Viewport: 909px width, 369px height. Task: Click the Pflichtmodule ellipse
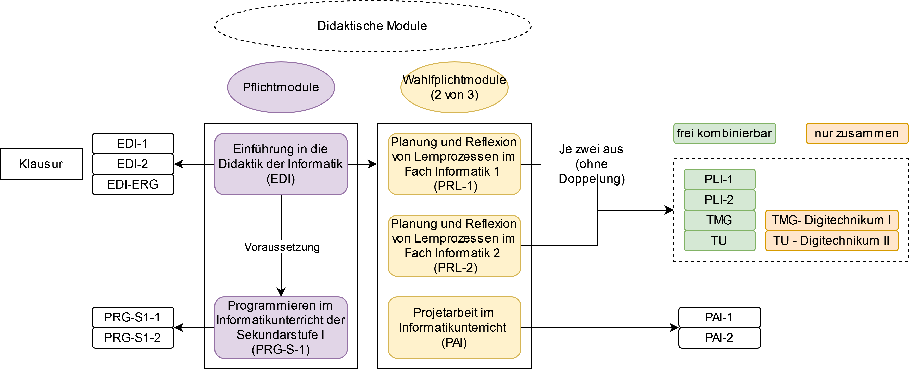[281, 87]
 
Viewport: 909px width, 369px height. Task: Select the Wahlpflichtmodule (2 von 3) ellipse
[454, 87]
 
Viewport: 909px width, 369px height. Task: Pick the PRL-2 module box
[454, 246]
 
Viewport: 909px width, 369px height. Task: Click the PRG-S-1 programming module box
[281, 327]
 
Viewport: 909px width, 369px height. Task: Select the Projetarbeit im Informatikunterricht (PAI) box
[454, 327]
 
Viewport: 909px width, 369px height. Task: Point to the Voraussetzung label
[282, 247]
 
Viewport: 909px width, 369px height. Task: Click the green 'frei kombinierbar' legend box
[724, 133]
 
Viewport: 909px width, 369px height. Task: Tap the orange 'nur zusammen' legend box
[857, 133]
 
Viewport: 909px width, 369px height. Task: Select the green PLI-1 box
[719, 179]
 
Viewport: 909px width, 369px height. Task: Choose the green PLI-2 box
[719, 200]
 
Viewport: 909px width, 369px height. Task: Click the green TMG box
[719, 220]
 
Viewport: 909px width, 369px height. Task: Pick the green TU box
[719, 241]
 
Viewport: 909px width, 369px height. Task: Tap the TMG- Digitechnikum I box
[831, 220]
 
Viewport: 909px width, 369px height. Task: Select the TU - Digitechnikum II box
[831, 241]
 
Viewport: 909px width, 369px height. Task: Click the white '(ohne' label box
[592, 164]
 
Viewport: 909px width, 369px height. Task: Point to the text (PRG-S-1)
[281, 349]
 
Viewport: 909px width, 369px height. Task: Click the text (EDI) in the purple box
[281, 179]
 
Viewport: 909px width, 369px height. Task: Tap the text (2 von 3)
[454, 95]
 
